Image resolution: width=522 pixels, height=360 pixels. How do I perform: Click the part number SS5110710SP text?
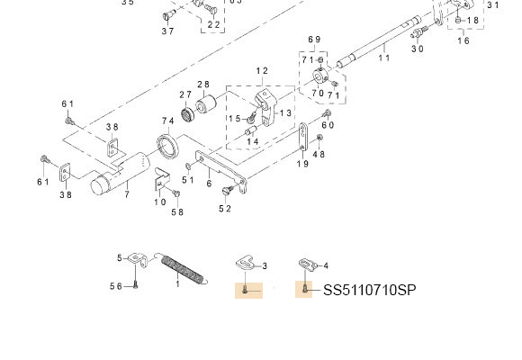(x=369, y=290)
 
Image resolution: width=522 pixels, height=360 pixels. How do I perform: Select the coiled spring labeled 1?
(x=184, y=269)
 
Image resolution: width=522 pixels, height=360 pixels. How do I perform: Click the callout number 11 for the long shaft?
(x=384, y=58)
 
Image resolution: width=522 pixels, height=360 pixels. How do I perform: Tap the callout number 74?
(x=167, y=121)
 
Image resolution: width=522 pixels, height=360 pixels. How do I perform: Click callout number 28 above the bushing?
(x=203, y=85)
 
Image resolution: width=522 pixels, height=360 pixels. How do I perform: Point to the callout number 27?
(x=185, y=94)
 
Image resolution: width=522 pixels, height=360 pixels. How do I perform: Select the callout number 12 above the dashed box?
(x=262, y=71)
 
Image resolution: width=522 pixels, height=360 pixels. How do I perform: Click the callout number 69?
(x=314, y=40)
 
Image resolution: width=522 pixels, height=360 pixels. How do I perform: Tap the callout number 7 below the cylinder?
(x=127, y=193)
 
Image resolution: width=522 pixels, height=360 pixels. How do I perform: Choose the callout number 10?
(x=159, y=201)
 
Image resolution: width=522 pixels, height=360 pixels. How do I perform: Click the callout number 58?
(x=178, y=211)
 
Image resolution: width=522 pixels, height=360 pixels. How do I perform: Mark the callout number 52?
(x=224, y=209)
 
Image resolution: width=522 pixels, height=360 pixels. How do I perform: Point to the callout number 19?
(x=302, y=164)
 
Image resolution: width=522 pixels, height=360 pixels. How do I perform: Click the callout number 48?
(x=319, y=154)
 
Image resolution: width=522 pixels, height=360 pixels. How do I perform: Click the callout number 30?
(x=418, y=49)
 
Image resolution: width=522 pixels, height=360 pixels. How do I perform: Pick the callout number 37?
(x=168, y=31)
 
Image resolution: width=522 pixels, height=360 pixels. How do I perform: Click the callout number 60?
(x=328, y=125)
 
